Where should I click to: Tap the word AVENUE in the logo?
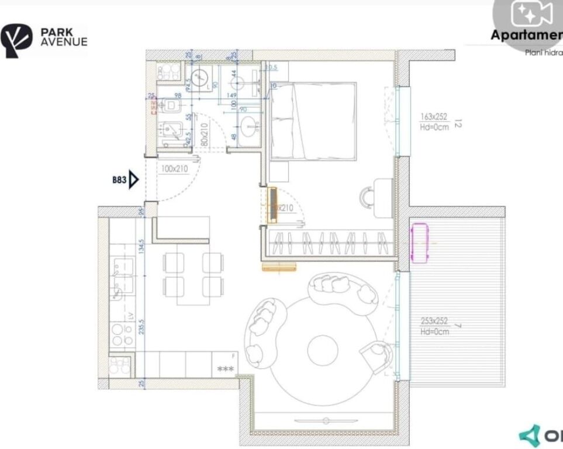click(x=64, y=42)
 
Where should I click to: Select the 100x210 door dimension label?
click(x=173, y=170)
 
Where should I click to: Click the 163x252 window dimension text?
click(x=433, y=117)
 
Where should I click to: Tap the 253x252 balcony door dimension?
click(x=434, y=320)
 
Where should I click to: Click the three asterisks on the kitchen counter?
click(x=225, y=369)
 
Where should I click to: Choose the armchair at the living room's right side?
click(x=377, y=356)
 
